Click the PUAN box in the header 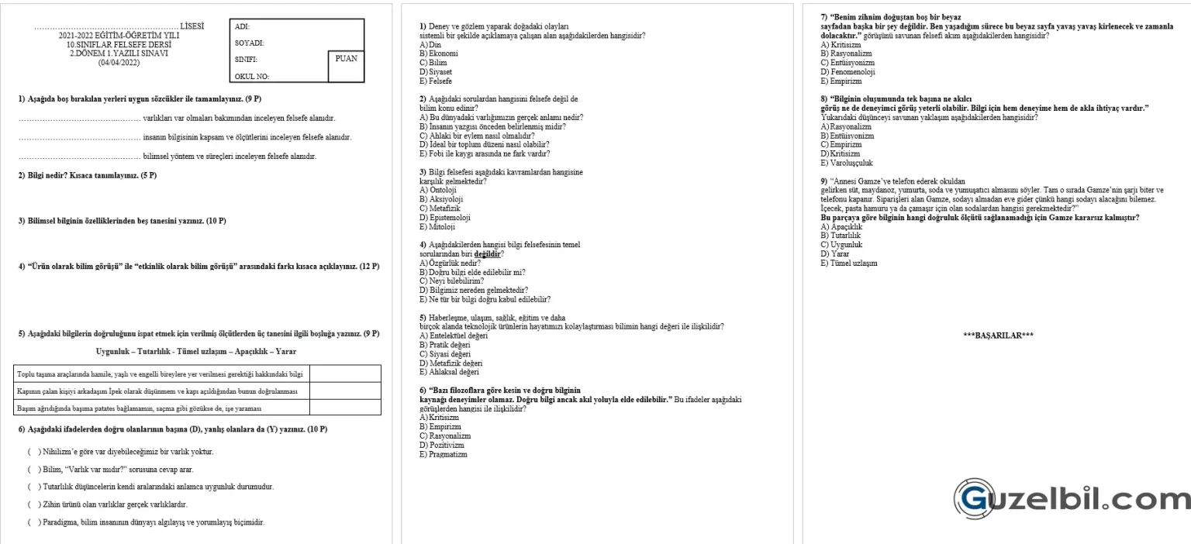point(345,59)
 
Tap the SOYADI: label point(249,43)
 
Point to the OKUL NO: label point(252,77)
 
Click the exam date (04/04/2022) point(119,61)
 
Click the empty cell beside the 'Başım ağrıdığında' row point(345,407)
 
